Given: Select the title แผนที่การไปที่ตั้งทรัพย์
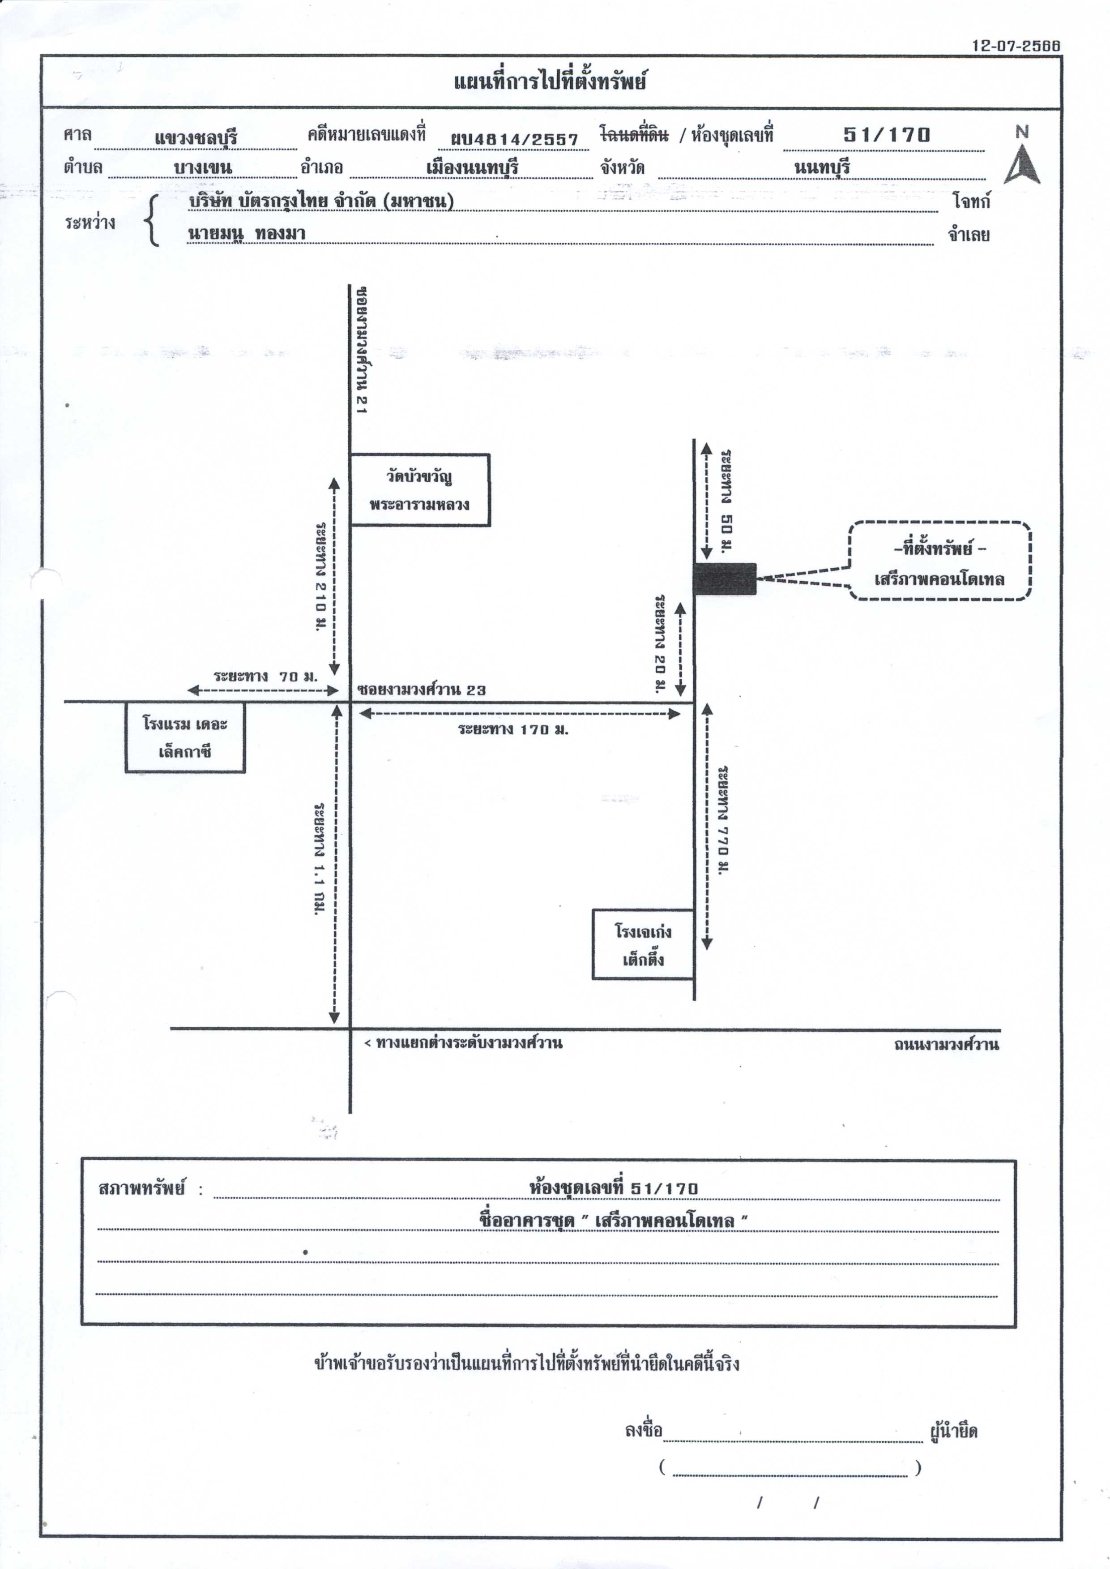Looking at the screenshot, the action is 550,81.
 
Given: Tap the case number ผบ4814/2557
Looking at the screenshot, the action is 514,139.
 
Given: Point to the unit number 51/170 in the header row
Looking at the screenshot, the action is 887,135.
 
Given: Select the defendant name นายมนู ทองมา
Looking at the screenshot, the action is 247,233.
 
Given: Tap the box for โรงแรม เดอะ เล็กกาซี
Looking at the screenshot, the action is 184,737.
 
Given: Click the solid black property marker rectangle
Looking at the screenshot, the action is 725,579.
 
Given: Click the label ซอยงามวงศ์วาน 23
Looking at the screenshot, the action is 422,690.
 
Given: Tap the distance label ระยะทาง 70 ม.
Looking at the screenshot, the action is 266,676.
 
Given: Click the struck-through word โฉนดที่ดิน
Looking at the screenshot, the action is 634,133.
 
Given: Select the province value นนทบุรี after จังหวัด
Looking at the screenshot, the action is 822,167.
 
